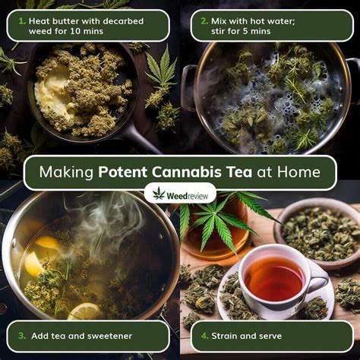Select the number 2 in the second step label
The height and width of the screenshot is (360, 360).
click(x=204, y=21)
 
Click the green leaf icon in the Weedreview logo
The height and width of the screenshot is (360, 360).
click(x=159, y=194)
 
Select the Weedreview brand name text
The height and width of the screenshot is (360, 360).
click(x=188, y=194)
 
